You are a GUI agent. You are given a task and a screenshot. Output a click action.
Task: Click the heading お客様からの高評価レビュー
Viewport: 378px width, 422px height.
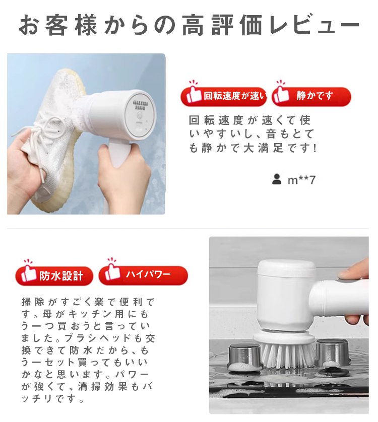(189, 25)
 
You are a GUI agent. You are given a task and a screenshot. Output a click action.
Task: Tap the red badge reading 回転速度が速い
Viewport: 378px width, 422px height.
(224, 96)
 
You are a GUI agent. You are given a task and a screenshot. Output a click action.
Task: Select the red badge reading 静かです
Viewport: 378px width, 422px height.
(311, 96)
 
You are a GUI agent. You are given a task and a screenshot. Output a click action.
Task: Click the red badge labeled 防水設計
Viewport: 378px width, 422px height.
(54, 275)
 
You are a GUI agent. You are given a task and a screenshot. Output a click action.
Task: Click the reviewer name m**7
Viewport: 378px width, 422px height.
(301, 180)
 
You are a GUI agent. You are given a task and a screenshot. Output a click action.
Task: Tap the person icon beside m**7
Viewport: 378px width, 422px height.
(277, 179)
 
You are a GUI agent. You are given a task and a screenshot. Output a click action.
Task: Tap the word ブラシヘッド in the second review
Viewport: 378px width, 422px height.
(98, 338)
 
